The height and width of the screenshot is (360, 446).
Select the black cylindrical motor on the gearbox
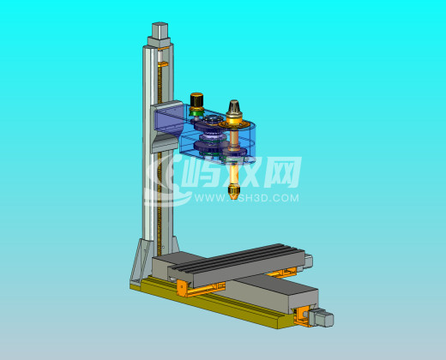[196, 99]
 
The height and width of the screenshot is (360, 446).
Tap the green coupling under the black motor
[196, 112]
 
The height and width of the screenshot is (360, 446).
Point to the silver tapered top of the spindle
[234, 107]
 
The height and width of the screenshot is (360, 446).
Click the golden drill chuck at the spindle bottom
[233, 191]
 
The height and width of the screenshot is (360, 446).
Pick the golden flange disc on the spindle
[233, 125]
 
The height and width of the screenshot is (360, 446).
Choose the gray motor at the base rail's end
[321, 317]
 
